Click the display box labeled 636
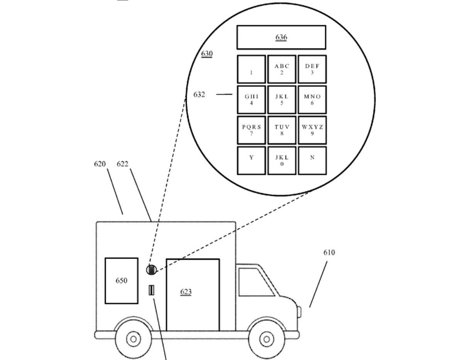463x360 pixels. [281, 37]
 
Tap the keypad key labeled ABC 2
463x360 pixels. [282, 69]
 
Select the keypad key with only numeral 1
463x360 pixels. [251, 69]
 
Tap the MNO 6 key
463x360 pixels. [312, 100]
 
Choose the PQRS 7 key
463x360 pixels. [251, 130]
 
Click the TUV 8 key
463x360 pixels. [282, 130]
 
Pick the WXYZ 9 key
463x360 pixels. [312, 130]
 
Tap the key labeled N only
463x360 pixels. [312, 160]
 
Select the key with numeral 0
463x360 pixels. [282, 160]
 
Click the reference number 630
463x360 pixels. [207, 54]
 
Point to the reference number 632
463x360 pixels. [199, 94]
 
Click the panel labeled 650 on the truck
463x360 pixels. [122, 281]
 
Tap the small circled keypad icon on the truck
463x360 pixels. [151, 270]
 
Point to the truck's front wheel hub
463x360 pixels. [266, 339]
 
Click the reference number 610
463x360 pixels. [329, 252]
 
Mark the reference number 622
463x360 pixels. [123, 164]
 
